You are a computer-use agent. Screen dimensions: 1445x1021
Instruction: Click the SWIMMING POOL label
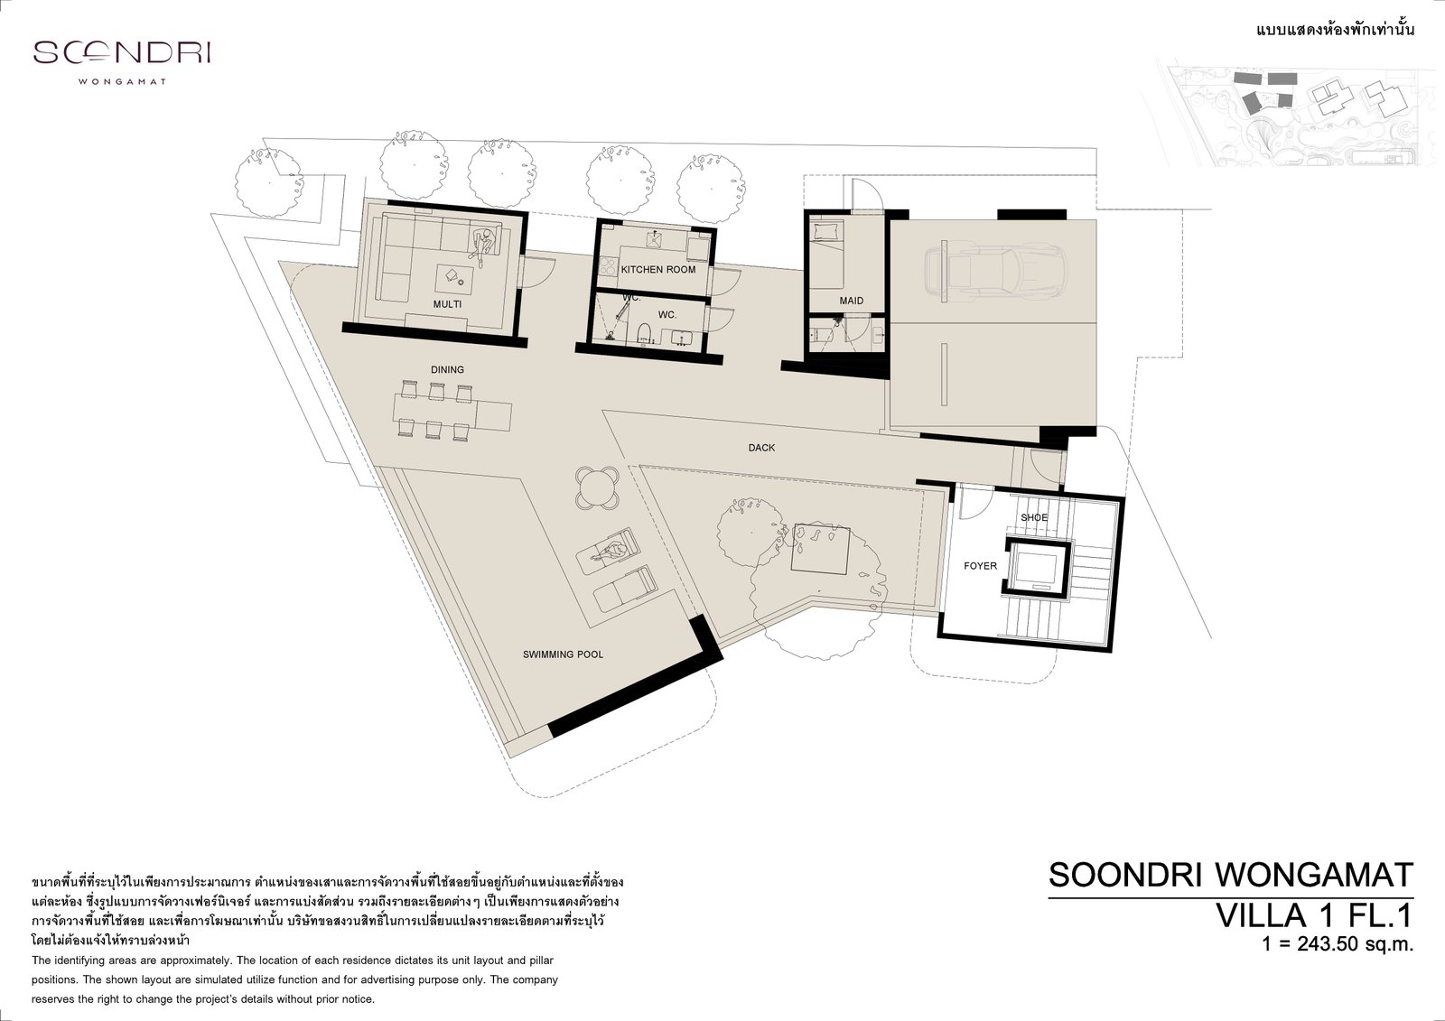pos(563,654)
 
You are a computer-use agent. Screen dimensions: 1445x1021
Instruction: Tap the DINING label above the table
pos(447,369)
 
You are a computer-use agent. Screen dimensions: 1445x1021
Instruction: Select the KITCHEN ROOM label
pos(658,270)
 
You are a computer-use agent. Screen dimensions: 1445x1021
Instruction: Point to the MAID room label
pos(852,301)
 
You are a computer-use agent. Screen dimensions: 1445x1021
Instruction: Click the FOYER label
pos(980,566)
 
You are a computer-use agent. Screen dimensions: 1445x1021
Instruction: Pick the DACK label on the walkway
pos(761,448)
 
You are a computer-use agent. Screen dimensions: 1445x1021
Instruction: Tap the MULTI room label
pos(447,304)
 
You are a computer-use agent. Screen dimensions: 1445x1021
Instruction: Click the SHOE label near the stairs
pos(1034,517)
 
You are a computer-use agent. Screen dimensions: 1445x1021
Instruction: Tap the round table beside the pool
pos(598,488)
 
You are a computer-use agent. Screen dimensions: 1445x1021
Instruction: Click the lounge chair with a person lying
pos(609,550)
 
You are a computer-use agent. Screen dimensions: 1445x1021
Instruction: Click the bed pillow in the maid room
pos(826,229)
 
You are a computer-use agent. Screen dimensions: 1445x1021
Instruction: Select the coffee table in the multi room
pos(455,279)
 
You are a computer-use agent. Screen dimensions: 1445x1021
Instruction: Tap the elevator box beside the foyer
pos(1037,566)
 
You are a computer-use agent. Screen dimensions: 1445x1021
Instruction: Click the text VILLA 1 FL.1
pos(1313,915)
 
